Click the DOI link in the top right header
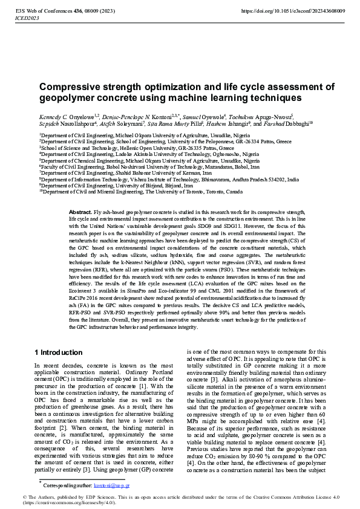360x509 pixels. point(293,11)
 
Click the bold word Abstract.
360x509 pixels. point(80,213)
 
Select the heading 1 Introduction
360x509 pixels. point(58,352)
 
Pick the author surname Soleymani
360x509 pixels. point(130,123)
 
